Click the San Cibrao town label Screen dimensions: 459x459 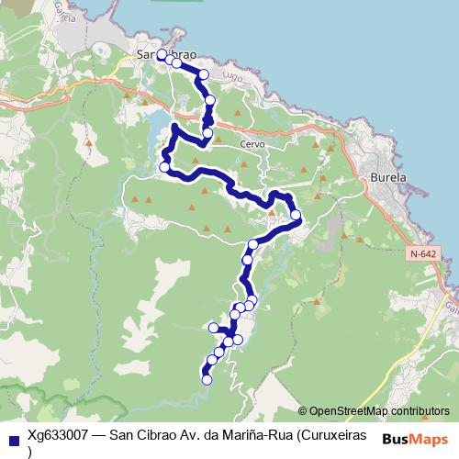(166, 55)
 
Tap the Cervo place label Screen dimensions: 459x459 (251, 144)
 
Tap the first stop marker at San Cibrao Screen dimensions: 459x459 (162, 55)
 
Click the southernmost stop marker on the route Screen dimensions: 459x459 (207, 379)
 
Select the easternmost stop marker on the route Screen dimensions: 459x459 (296, 216)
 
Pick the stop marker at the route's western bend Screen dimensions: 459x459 (165, 167)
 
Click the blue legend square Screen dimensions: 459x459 (13, 436)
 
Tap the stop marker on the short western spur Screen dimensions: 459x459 (213, 327)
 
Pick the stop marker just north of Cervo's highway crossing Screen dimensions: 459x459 (210, 99)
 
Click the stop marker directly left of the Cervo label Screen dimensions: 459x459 (207, 134)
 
